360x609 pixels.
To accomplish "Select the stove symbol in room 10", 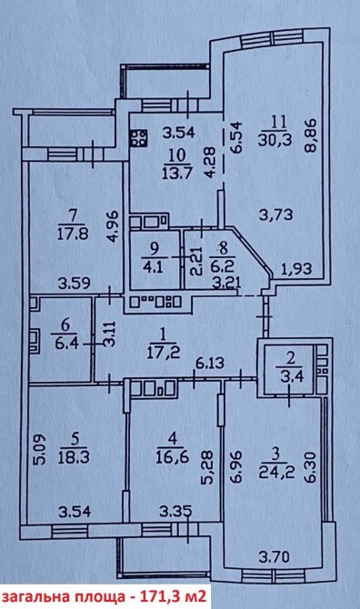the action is tap(139, 138).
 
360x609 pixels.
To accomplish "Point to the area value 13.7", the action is tap(178, 171).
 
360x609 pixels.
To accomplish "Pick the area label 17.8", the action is tap(73, 234).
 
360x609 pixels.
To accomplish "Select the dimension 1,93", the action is tap(297, 269).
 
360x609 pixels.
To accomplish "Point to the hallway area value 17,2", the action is tap(163, 353).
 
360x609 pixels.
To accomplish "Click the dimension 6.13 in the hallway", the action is tap(210, 364).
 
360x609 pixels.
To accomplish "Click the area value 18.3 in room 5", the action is tap(74, 456).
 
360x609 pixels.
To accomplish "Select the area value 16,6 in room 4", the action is tap(174, 456).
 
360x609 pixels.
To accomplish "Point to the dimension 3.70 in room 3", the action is tap(275, 557).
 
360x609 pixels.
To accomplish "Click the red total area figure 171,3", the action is tap(150, 596).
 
